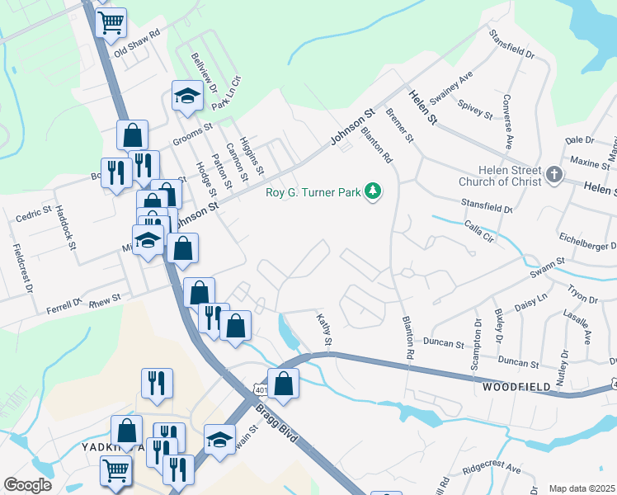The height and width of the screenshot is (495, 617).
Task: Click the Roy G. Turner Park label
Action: click(313, 193)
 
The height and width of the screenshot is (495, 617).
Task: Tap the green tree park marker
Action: click(374, 191)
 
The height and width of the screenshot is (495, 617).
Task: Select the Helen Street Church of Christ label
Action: click(500, 175)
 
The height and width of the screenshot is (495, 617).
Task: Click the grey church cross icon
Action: click(553, 174)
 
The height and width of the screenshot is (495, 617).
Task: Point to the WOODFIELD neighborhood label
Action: click(516, 386)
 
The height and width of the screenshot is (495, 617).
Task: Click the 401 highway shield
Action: click(261, 389)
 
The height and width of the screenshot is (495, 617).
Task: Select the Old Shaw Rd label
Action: click(137, 48)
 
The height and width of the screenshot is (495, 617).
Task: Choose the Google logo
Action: click(27, 485)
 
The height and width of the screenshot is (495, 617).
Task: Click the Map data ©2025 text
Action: click(581, 488)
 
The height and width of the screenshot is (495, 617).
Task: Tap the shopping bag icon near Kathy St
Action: click(283, 384)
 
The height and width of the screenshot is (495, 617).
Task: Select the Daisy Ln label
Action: click(530, 303)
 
